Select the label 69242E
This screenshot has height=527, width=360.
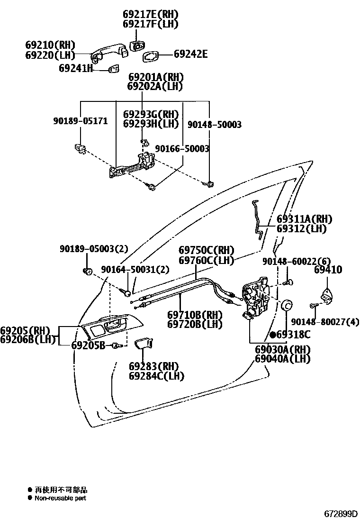click(x=190, y=54)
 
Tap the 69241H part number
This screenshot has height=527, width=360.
click(x=76, y=68)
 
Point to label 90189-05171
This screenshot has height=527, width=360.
click(x=80, y=121)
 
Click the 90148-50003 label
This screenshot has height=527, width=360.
click(x=214, y=125)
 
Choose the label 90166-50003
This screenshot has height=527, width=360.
click(x=182, y=149)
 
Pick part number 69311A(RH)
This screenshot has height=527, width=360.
click(x=304, y=219)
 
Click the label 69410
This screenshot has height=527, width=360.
click(x=328, y=270)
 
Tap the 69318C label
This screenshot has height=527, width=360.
click(x=293, y=335)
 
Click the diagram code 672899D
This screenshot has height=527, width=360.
click(x=341, y=514)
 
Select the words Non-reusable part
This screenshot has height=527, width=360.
click(x=60, y=498)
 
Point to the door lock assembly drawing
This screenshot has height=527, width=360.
click(x=256, y=299)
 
